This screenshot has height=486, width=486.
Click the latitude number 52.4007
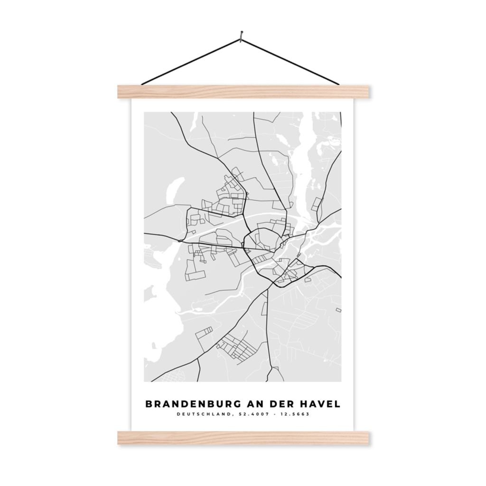coord(251,414)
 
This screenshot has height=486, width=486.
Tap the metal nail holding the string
coord(242,34)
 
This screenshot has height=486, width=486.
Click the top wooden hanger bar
coord(243,92)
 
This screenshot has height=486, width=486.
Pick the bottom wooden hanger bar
coord(243,438)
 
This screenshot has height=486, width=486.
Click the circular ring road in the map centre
coord(260,239)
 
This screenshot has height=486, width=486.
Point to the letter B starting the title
coord(149,404)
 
